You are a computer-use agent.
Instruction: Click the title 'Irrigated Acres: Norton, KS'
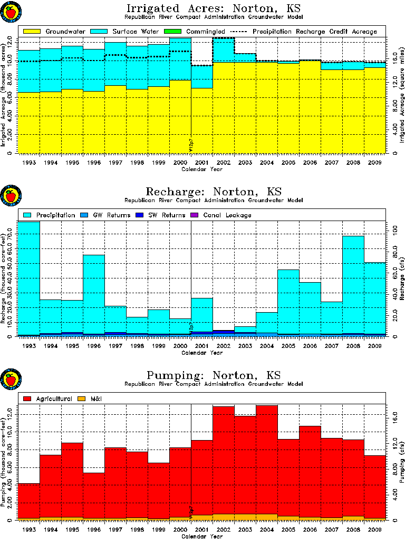(x=202, y=9)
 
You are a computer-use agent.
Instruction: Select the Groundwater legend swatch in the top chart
(x=32, y=32)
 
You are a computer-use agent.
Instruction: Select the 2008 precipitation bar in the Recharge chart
(x=353, y=284)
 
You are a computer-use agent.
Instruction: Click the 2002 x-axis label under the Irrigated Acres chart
(x=223, y=163)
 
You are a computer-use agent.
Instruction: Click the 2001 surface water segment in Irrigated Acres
(x=201, y=77)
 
